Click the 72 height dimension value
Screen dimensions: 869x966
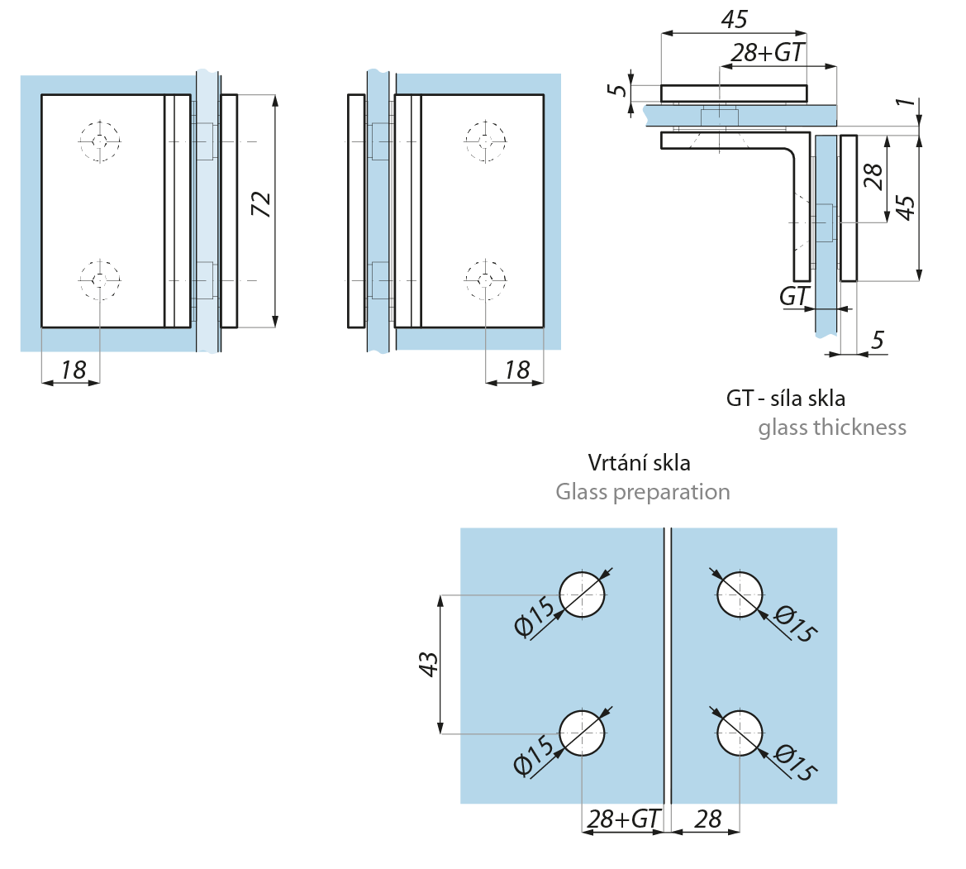pyautogui.click(x=261, y=204)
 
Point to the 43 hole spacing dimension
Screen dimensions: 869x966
pyautogui.click(x=429, y=664)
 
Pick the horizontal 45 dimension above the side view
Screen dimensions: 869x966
pyautogui.click(x=733, y=19)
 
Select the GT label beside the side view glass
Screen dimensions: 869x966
pyautogui.click(x=793, y=295)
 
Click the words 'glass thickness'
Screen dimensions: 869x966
pyautogui.click(x=831, y=427)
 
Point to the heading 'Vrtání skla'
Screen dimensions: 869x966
pyautogui.click(x=639, y=461)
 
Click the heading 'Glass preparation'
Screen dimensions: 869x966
pyautogui.click(x=642, y=492)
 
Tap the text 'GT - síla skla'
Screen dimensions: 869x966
pyautogui.click(x=786, y=398)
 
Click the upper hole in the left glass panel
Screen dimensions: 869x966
pyautogui.click(x=582, y=594)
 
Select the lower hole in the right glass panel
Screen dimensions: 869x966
pyautogui.click(x=739, y=733)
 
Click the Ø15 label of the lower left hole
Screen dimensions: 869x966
pyautogui.click(x=535, y=754)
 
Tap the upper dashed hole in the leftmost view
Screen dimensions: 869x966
pyautogui.click(x=99, y=141)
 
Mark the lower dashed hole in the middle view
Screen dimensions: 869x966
pyautogui.click(x=484, y=280)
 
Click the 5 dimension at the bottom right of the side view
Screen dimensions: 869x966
pyautogui.click(x=878, y=339)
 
